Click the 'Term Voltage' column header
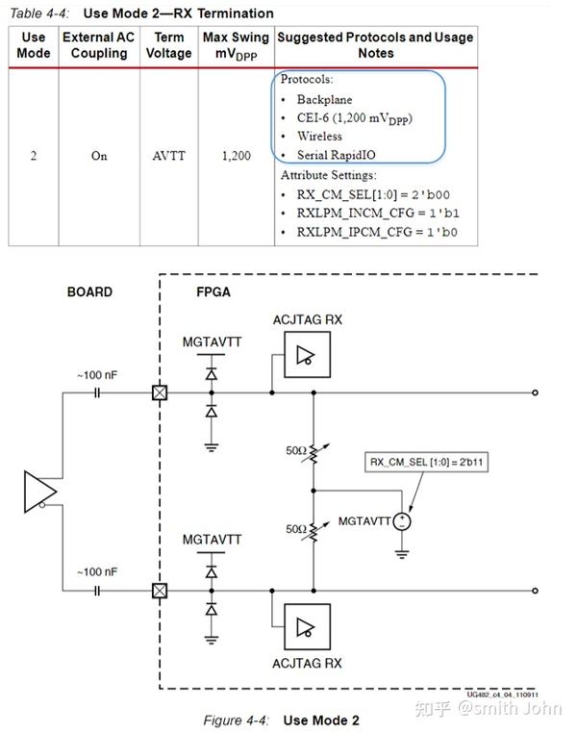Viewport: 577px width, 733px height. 168,44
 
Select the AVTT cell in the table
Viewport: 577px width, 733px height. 168,156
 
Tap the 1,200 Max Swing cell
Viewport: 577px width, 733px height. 236,156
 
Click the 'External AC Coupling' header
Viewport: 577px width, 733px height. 99,44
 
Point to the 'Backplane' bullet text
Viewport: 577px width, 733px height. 324,99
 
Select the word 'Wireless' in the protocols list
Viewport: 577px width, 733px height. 319,137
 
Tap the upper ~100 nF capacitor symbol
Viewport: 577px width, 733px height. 97,392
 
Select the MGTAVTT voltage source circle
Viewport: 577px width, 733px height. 404,520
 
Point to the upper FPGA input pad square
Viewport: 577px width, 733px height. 160,392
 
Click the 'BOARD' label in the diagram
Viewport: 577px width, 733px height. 89,291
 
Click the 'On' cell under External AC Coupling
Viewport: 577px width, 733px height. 99,156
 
